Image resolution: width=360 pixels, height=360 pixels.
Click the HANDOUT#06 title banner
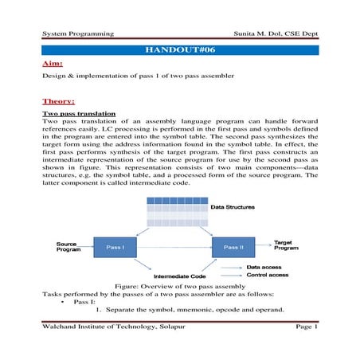[180, 49]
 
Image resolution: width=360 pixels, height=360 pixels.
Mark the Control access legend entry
[268, 276]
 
